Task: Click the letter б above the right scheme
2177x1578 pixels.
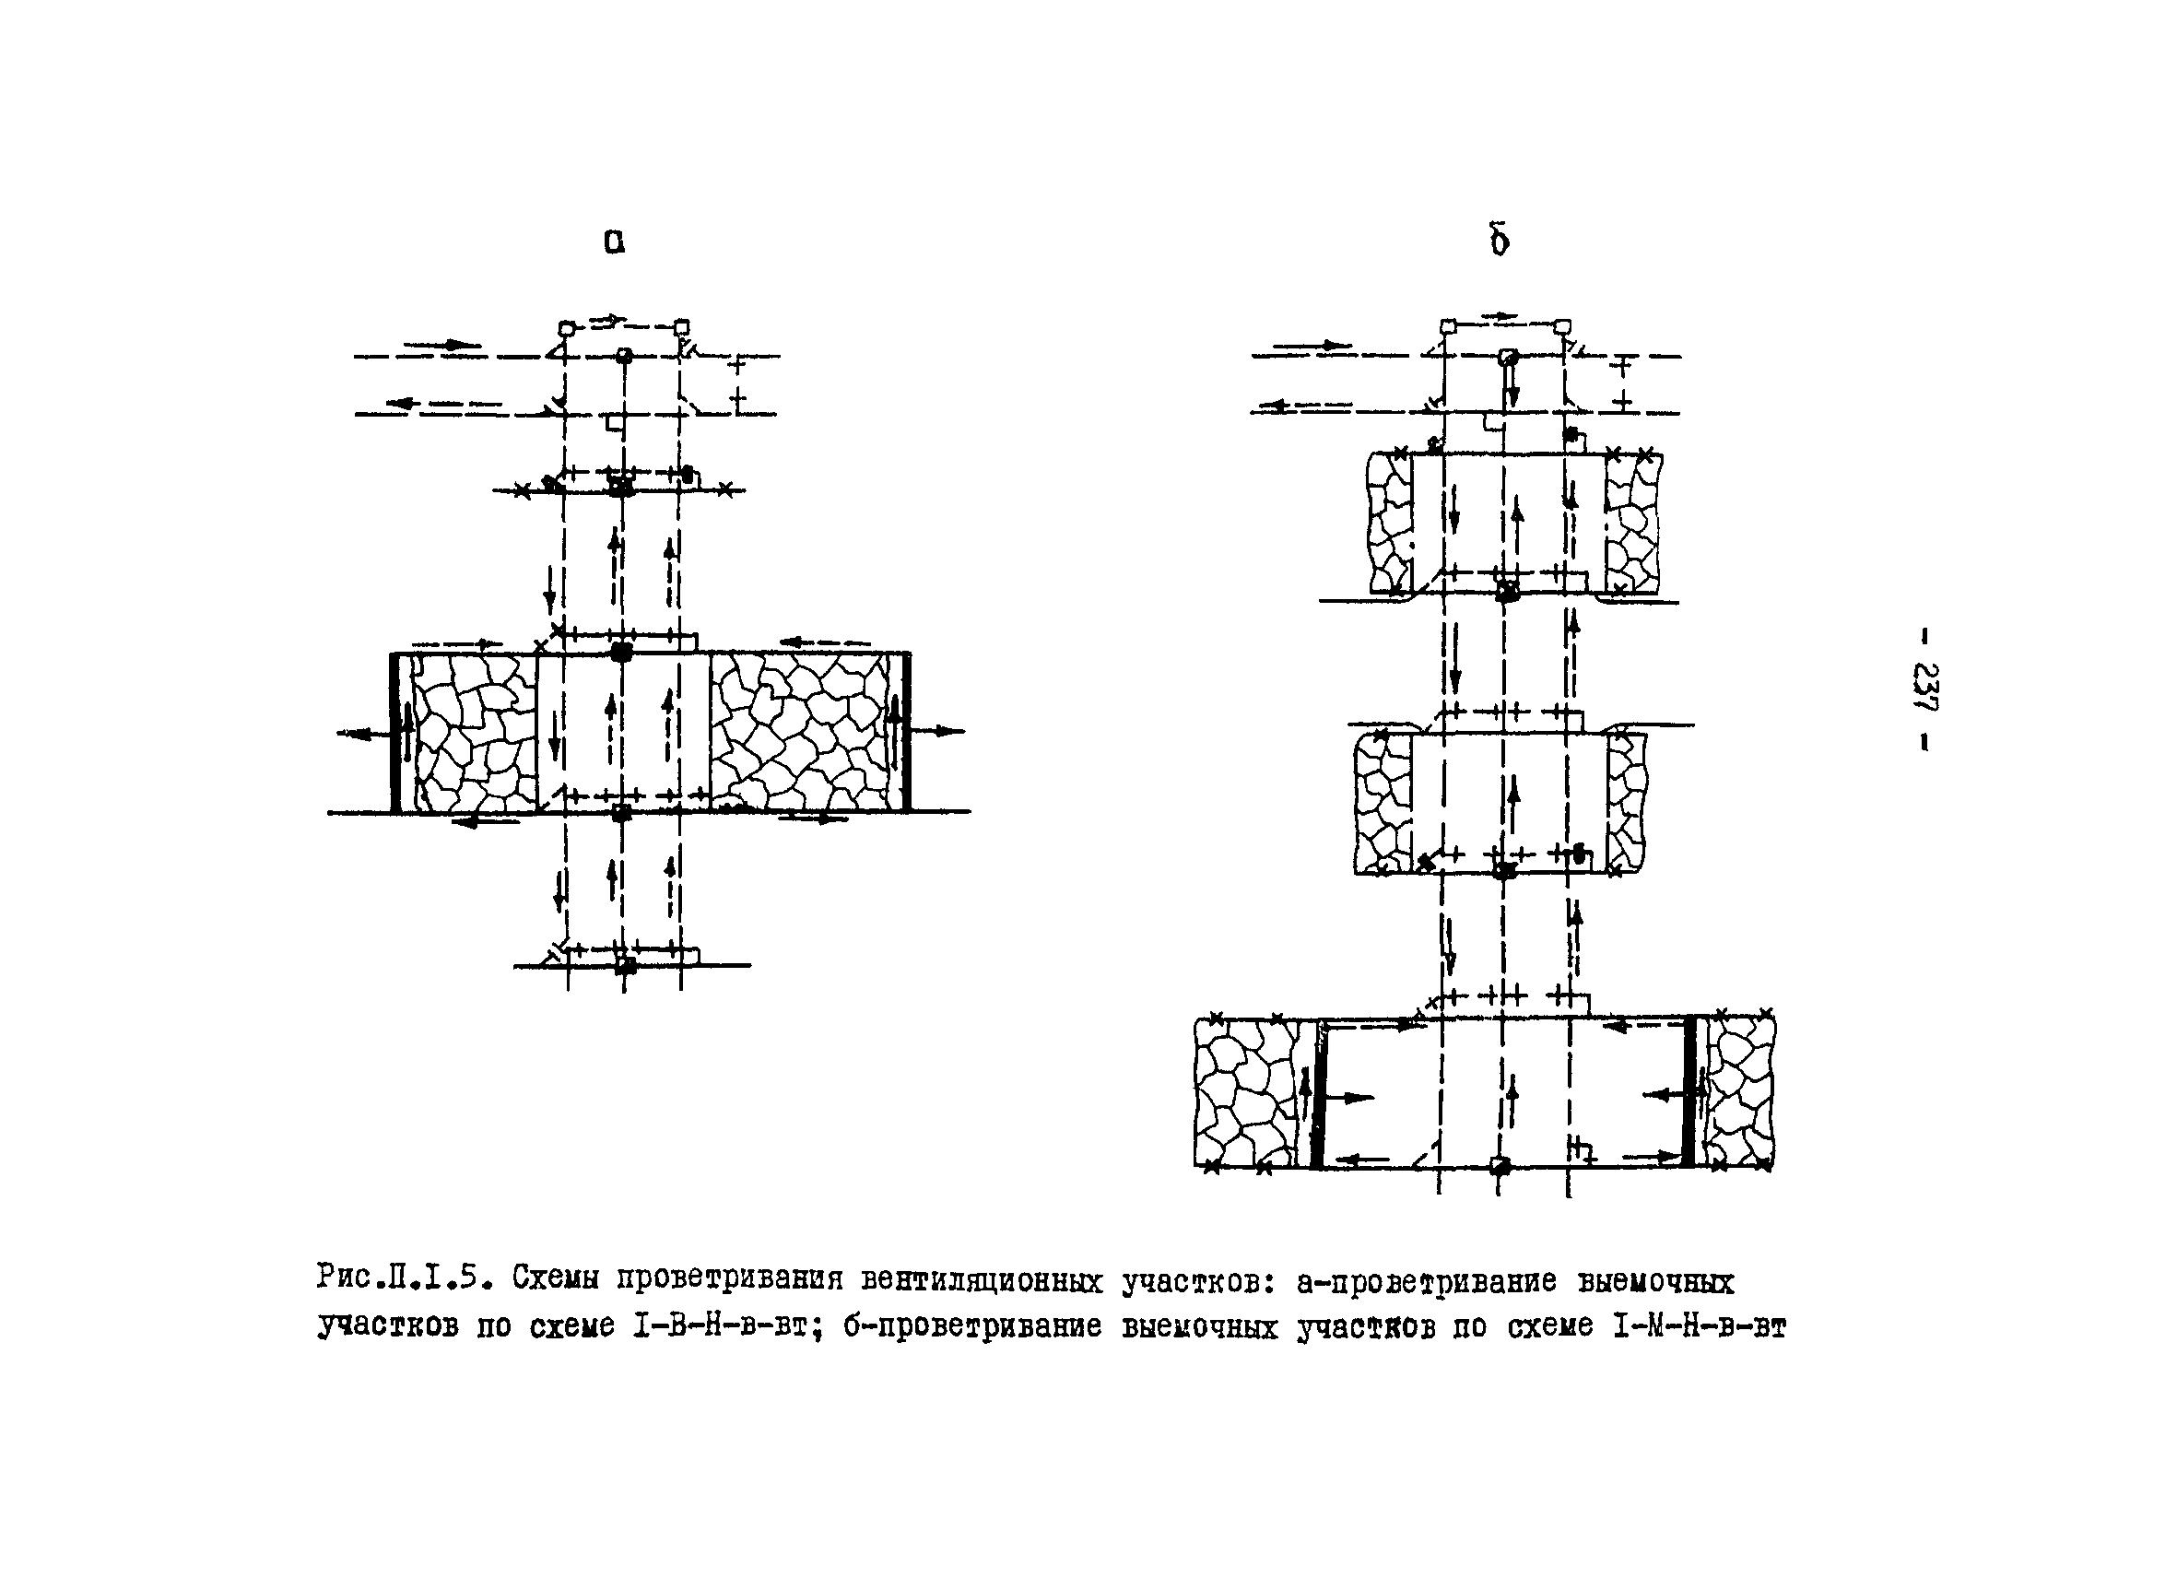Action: coord(1499,240)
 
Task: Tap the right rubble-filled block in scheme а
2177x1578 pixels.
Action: coord(806,732)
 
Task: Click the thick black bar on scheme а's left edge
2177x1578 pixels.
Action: coord(394,734)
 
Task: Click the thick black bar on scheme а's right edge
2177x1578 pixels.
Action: coord(906,734)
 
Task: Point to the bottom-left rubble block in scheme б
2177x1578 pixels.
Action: coord(1247,1092)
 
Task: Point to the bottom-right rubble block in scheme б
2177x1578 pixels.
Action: coord(1740,1092)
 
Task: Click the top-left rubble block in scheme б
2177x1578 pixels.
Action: coord(1389,524)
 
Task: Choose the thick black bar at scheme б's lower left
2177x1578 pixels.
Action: coord(1317,1094)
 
